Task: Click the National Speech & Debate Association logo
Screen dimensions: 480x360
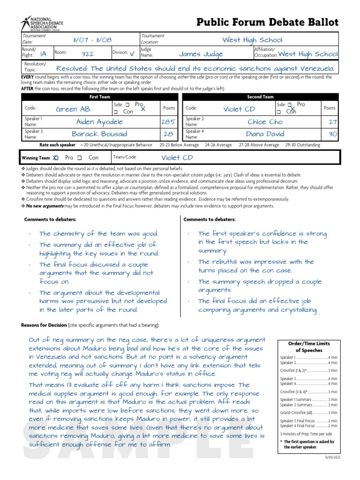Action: click(x=42, y=23)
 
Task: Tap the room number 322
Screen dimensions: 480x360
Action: click(x=88, y=54)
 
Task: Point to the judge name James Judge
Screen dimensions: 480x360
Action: click(x=201, y=54)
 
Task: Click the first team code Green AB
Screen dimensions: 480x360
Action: click(x=73, y=109)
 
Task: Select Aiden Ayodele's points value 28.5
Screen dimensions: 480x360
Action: click(x=168, y=122)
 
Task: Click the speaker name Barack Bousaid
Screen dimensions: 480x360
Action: click(x=99, y=134)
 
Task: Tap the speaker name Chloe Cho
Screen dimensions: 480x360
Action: click(x=265, y=122)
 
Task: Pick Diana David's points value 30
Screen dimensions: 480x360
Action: click(x=332, y=134)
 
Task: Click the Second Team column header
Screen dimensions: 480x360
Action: click(x=260, y=97)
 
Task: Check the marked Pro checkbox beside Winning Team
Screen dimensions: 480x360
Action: click(x=55, y=158)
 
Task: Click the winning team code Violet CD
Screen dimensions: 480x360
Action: click(x=177, y=158)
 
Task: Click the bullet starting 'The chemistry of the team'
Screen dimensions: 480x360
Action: click(x=99, y=233)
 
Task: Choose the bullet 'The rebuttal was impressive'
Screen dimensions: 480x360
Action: click(x=256, y=266)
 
